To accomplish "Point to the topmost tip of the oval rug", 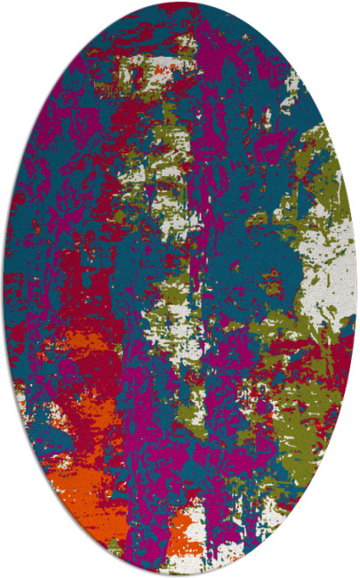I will tap(180, 3).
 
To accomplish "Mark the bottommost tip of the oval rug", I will tap(180, 575).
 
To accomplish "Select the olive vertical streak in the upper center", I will tap(164, 142).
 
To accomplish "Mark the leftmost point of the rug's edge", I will tap(4, 289).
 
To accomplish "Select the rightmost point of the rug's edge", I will tap(356, 289).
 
